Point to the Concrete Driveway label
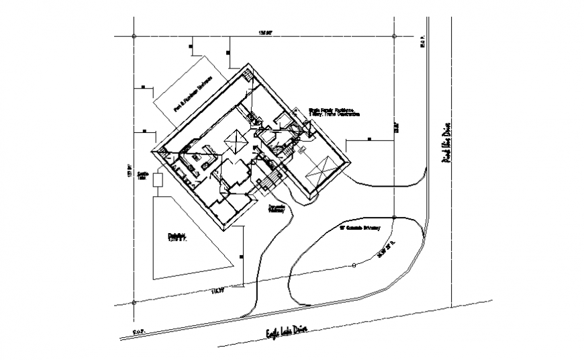[x=360, y=228]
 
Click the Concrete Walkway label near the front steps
[x=277, y=208]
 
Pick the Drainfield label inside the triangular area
[x=177, y=236]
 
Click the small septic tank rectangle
[x=158, y=179]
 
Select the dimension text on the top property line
[x=267, y=32]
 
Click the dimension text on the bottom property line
[x=217, y=291]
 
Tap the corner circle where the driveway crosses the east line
[x=394, y=217]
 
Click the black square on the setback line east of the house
[x=370, y=140]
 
